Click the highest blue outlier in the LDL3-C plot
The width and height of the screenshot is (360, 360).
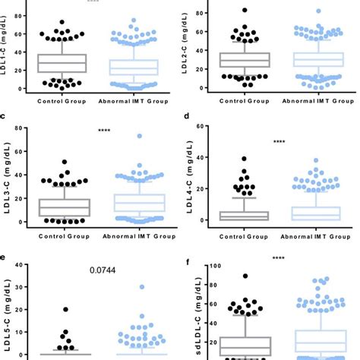pos(118,137)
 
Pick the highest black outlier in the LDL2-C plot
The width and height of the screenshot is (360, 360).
pos(245,11)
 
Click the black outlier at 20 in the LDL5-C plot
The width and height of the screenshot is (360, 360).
pos(65,310)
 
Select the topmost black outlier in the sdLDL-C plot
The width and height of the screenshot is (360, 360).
pos(245,276)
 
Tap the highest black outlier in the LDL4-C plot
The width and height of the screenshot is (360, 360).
pos(245,159)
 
